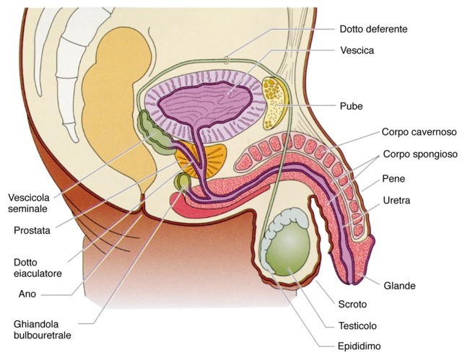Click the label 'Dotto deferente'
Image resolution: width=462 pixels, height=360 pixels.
(373, 29)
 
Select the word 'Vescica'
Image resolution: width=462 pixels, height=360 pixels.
(357, 51)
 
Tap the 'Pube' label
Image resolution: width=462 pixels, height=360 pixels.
(352, 106)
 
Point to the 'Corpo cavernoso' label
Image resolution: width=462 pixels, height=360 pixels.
(419, 132)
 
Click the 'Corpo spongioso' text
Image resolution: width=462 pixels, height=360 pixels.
(420, 154)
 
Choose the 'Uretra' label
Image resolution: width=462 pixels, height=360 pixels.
(396, 201)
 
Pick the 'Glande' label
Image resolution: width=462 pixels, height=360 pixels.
(399, 286)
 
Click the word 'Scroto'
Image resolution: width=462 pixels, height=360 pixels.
(352, 304)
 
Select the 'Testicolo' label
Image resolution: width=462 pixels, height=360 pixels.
(357, 326)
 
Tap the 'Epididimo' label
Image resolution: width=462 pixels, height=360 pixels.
(359, 346)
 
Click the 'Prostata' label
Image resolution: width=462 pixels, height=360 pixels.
(32, 230)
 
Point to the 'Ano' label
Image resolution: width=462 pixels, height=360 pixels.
(27, 294)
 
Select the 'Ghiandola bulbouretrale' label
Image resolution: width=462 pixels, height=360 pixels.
(42, 330)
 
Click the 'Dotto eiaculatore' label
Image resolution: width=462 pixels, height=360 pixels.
(38, 268)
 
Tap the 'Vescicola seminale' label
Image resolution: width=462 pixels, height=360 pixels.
(29, 203)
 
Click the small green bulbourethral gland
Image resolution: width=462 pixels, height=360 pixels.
(183, 182)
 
